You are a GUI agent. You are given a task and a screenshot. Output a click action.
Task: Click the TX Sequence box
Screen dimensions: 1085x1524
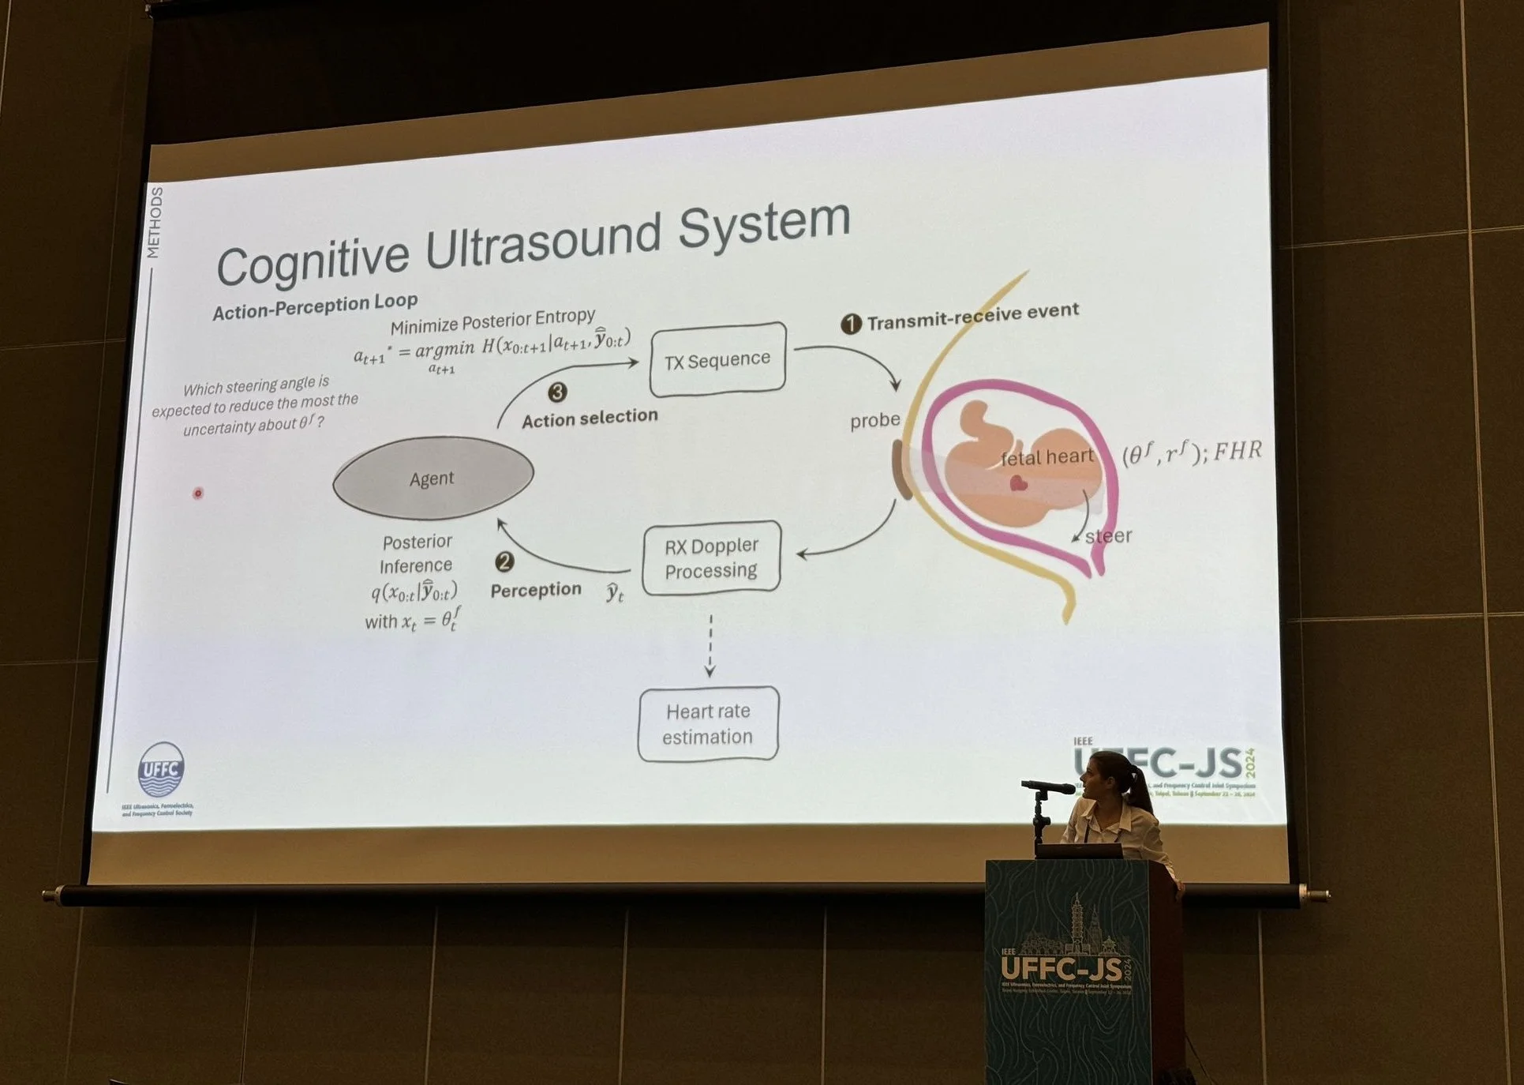coord(717,360)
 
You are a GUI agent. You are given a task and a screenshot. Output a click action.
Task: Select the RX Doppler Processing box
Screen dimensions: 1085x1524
coord(711,558)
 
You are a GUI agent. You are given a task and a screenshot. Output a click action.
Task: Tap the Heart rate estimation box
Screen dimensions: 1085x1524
coord(708,724)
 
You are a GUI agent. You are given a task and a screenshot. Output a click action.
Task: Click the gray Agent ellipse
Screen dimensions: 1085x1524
coord(432,478)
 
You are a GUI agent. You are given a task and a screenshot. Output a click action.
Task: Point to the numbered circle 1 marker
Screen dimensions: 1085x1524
coord(851,324)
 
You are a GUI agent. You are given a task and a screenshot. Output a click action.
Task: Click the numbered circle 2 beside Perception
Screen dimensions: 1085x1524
coord(504,561)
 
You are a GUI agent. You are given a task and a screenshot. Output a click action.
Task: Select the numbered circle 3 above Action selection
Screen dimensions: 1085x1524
coord(557,392)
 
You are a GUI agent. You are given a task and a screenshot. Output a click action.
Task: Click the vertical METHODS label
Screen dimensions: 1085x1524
coord(155,223)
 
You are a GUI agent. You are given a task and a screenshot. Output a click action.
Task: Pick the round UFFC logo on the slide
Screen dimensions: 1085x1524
coord(161,770)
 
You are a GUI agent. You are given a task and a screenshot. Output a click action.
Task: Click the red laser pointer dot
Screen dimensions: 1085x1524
coord(198,494)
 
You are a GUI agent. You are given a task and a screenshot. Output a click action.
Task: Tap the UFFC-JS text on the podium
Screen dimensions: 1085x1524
coord(1062,967)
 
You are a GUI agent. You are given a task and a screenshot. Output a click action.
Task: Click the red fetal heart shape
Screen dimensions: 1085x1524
coord(1018,483)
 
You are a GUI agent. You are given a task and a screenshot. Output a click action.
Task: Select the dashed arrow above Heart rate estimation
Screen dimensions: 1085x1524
coord(710,646)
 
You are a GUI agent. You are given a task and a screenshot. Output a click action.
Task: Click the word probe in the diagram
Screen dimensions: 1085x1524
coord(874,421)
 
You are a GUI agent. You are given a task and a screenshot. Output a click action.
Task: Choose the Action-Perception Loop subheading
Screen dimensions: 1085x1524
coord(315,306)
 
